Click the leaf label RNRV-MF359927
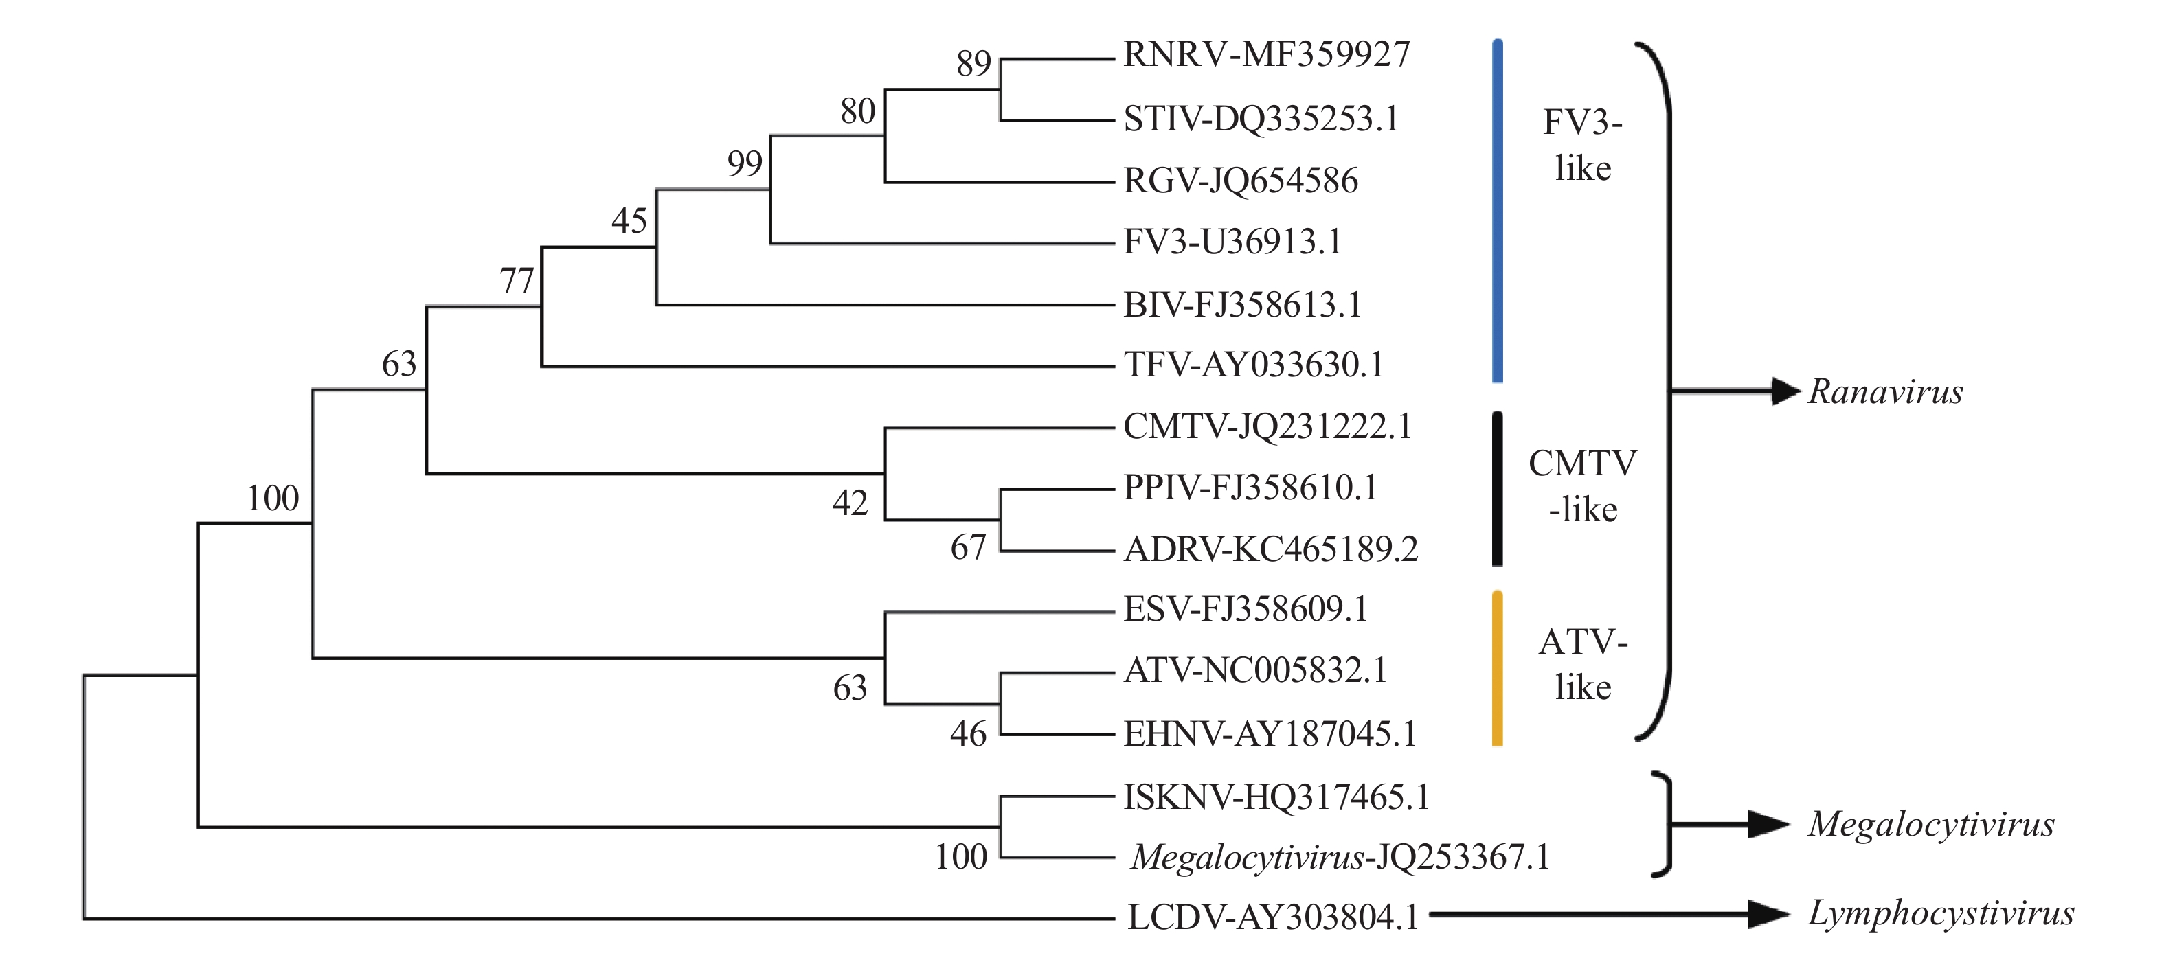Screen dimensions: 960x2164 1266,55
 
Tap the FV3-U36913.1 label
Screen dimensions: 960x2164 1232,242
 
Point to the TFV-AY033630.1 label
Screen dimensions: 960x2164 1253,365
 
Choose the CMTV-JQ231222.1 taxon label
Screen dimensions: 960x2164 1267,426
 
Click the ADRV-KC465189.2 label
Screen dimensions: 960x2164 1270,549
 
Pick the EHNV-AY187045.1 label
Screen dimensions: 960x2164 1270,734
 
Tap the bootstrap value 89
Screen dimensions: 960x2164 973,64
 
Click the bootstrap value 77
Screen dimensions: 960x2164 517,281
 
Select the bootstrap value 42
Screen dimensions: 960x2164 850,503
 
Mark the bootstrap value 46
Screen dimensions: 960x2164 968,734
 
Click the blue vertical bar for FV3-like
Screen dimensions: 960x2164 1497,210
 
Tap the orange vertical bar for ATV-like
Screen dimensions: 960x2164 1497,669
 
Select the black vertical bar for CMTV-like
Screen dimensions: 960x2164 1497,488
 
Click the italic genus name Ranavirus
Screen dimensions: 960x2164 1885,392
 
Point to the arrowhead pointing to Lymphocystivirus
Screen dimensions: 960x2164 1768,914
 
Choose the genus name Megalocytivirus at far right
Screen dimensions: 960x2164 1931,825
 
